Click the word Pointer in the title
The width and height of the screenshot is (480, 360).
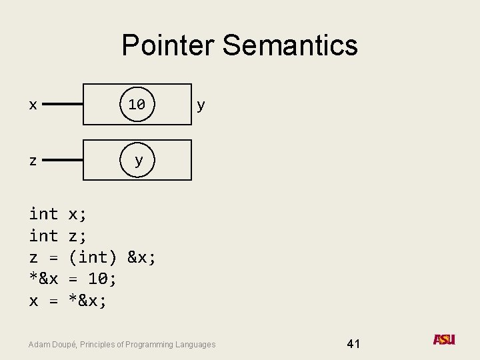pyautogui.click(x=169, y=45)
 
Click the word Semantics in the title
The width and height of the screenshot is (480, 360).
pyautogui.click(x=290, y=45)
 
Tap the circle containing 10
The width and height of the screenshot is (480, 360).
pyautogui.click(x=137, y=104)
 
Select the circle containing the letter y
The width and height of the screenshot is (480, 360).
pyautogui.click(x=138, y=160)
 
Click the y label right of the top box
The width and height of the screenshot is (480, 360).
pyautogui.click(x=201, y=105)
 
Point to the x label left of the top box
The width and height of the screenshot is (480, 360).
pyautogui.click(x=33, y=105)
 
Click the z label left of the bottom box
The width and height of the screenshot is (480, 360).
pyautogui.click(x=33, y=161)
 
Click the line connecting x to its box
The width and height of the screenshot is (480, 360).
pyautogui.click(x=63, y=105)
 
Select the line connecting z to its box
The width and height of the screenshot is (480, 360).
pyautogui.click(x=63, y=161)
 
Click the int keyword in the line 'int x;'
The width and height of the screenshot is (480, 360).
pyautogui.click(x=43, y=214)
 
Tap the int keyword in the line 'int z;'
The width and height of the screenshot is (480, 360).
pyautogui.click(x=43, y=235)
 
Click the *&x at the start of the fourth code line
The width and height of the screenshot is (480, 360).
pyautogui.click(x=43, y=279)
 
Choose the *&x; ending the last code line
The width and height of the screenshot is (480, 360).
pyautogui.click(x=88, y=301)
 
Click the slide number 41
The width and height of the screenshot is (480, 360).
pyautogui.click(x=353, y=344)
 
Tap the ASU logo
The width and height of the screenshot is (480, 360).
pyautogui.click(x=444, y=340)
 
